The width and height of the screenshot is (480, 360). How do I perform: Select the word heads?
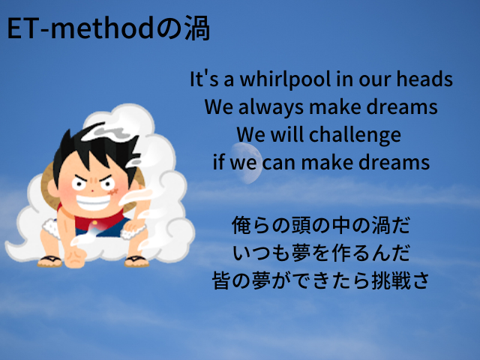424,79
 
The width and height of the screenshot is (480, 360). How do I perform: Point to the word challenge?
355,135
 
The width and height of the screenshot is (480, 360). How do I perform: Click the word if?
219,161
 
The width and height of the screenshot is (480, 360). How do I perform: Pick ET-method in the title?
80,28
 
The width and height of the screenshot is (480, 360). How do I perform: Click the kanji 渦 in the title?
197,28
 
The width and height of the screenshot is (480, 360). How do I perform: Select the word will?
287,134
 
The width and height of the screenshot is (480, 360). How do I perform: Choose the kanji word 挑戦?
391,280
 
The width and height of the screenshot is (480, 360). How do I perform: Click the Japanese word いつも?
262,253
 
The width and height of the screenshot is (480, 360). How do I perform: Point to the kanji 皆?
222,280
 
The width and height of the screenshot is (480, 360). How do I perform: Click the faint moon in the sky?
247,163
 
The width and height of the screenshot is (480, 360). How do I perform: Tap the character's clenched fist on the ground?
75,258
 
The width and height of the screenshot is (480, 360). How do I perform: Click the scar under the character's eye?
113,192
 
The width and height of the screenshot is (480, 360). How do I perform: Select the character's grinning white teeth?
93,201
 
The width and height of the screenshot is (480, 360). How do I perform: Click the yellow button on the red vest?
94,223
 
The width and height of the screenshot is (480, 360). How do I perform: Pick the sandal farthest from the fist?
136,262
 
